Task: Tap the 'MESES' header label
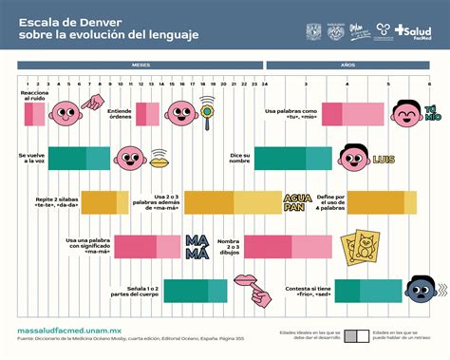coord(141,66)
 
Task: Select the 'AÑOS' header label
coord(348,66)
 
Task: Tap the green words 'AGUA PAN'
coord(297,202)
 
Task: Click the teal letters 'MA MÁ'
coord(197,246)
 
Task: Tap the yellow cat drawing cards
coord(363,246)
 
